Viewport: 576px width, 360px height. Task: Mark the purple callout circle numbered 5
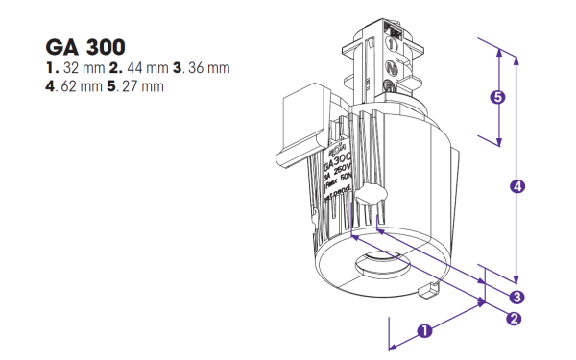pyautogui.click(x=497, y=97)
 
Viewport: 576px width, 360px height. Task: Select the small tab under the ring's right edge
pyautogui.click(x=430, y=288)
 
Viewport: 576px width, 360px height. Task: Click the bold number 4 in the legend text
pyautogui.click(x=49, y=86)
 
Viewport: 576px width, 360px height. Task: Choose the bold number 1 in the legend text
pyautogui.click(x=50, y=69)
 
